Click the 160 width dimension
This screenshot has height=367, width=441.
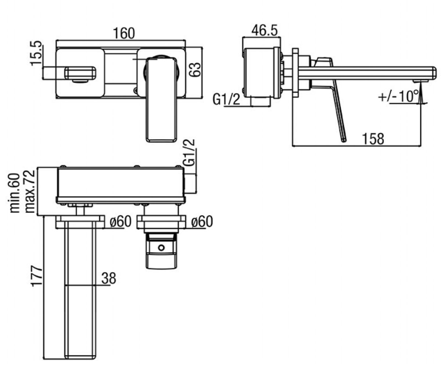pos(124,33)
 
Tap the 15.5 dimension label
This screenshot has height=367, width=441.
pos(36,53)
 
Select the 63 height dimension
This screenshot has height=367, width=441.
pos(194,70)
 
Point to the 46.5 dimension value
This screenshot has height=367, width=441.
pos(264,30)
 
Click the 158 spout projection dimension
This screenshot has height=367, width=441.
pos(373,139)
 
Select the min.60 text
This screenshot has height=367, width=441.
pos(15,193)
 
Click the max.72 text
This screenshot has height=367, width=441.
pos(30,192)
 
